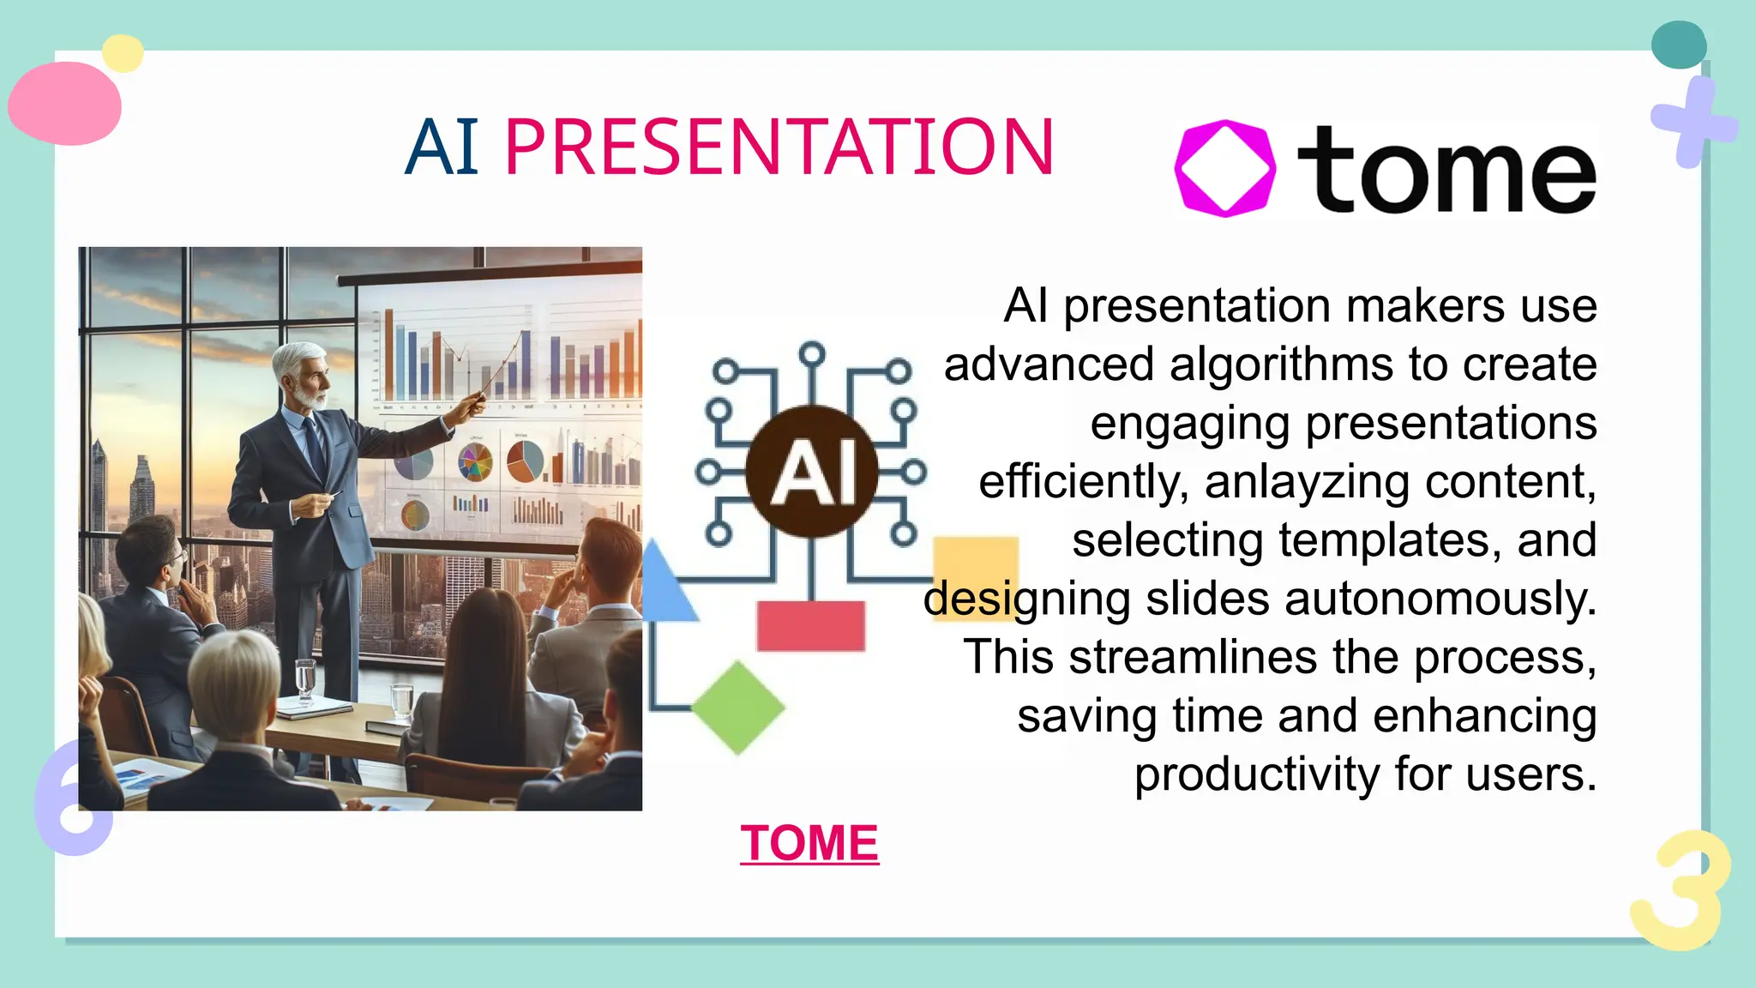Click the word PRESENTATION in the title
click(x=779, y=148)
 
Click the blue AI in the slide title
click(x=442, y=148)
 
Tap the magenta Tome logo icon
click(x=1224, y=168)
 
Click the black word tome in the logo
click(x=1446, y=170)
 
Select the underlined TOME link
click(x=809, y=843)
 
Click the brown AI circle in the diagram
click(x=811, y=471)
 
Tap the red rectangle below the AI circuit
click(x=810, y=625)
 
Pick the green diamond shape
click(x=737, y=708)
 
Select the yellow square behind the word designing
click(x=975, y=562)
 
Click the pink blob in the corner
click(x=65, y=104)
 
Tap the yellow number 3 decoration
click(x=1679, y=891)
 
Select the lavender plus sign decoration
click(x=1693, y=123)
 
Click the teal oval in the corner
click(x=1678, y=45)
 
